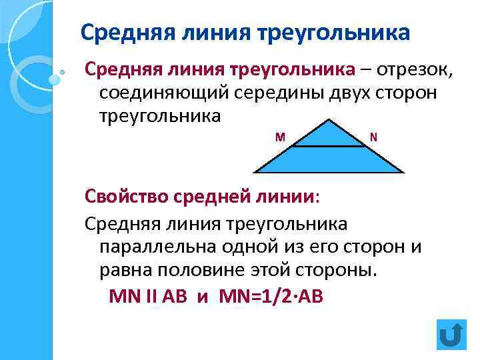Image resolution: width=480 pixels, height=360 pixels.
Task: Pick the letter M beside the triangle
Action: coord(280,137)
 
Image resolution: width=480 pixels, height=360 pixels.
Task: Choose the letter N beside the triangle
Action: coord(373,137)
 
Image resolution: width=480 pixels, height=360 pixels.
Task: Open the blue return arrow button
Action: coord(451,334)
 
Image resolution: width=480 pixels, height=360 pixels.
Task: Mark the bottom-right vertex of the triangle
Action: coord(403,173)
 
